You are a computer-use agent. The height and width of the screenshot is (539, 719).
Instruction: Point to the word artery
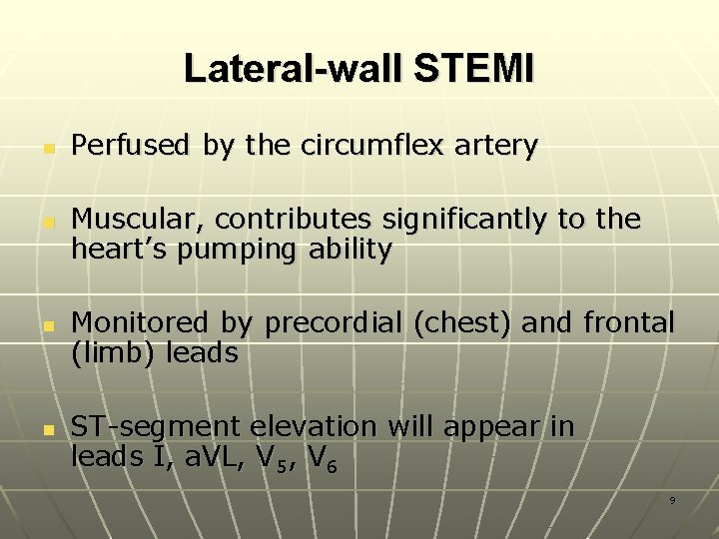tap(495, 147)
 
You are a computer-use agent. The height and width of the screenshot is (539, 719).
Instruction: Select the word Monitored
tap(140, 322)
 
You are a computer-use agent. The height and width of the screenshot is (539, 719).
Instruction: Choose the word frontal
tap(628, 322)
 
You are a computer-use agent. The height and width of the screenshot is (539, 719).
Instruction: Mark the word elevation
tap(314, 427)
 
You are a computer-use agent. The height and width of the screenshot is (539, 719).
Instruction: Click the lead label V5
tap(268, 458)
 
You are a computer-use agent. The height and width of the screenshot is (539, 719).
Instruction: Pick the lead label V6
tap(320, 458)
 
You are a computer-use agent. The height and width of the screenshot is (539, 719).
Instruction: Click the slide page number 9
tap(671, 499)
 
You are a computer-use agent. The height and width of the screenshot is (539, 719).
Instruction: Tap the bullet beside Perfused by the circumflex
tap(47, 148)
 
